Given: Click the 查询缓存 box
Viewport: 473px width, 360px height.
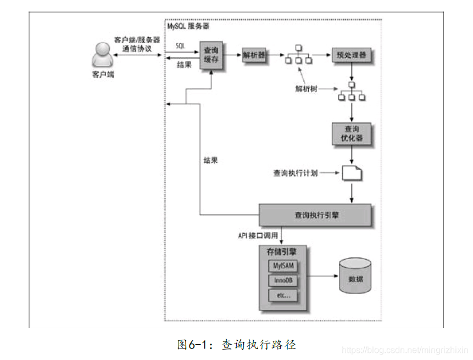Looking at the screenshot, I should tap(211, 55).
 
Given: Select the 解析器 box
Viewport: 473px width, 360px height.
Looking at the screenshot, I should tap(253, 55).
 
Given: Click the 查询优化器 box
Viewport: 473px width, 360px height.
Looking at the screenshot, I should tap(351, 133).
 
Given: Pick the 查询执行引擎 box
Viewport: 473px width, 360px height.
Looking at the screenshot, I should tap(316, 216).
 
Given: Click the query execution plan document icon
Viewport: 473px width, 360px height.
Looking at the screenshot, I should tap(352, 173).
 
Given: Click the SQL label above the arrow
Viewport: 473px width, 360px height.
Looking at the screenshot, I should tap(180, 45).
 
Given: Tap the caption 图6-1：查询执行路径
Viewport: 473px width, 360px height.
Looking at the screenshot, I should tap(237, 345).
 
